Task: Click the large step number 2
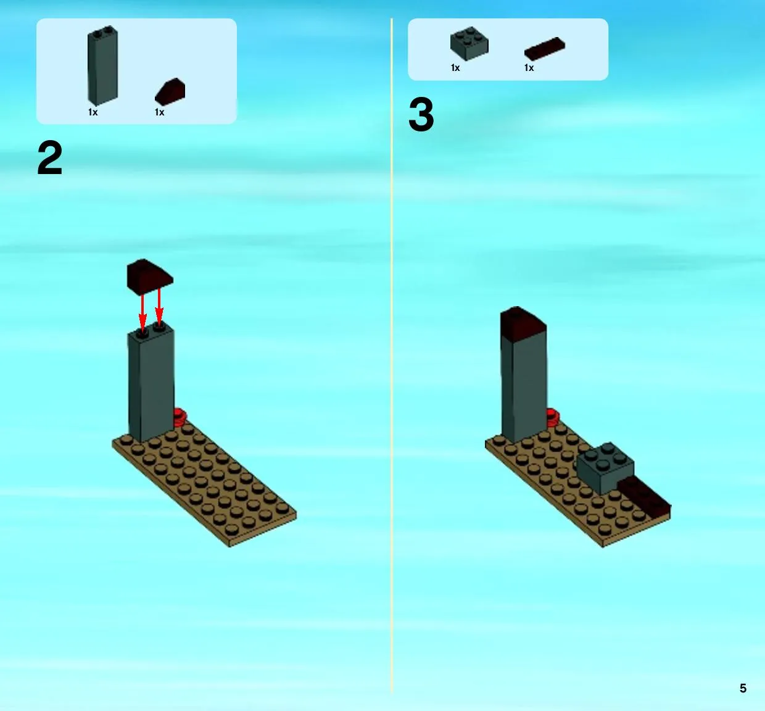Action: (x=50, y=157)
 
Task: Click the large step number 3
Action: (x=421, y=114)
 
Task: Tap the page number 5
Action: (x=743, y=688)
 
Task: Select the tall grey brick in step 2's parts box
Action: (x=102, y=65)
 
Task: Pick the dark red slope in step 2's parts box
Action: (x=170, y=92)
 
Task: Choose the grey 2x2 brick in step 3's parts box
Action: (x=469, y=44)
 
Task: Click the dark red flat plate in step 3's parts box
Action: (x=545, y=49)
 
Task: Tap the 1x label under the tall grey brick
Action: (x=93, y=112)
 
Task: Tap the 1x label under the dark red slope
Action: (x=159, y=112)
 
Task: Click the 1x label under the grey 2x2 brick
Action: (x=455, y=68)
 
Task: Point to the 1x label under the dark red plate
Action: (x=529, y=68)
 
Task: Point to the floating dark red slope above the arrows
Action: (x=150, y=276)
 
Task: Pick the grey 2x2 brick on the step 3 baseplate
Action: (x=605, y=468)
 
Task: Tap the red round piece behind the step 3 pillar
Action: (x=553, y=417)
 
